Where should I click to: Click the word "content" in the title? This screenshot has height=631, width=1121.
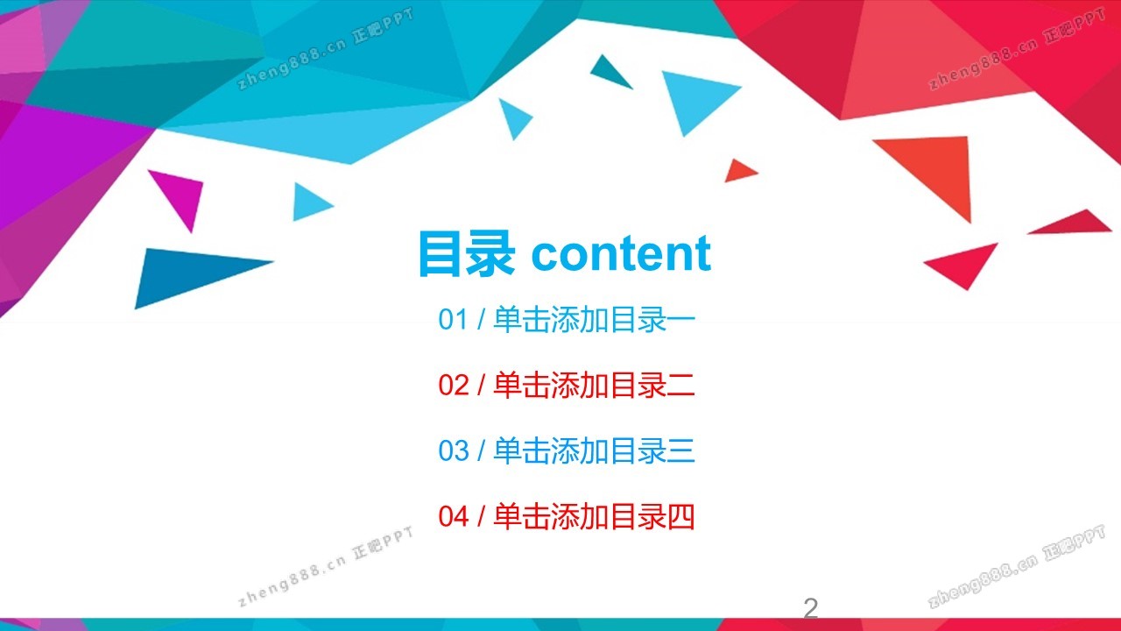point(621,253)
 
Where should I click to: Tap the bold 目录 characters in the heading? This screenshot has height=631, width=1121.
point(467,253)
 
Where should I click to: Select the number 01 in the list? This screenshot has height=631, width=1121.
point(453,319)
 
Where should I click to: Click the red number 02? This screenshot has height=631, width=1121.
point(453,385)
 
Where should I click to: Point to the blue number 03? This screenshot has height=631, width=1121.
point(453,450)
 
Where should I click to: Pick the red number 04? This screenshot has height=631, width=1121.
point(453,516)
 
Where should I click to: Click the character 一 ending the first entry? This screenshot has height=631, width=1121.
point(681,320)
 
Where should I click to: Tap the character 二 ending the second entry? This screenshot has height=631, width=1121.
point(681,385)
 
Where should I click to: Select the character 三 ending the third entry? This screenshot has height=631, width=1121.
point(681,450)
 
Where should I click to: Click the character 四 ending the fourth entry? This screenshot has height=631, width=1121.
point(681,516)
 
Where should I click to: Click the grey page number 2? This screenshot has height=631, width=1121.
point(811,608)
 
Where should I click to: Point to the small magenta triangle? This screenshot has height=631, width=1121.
point(181,195)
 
